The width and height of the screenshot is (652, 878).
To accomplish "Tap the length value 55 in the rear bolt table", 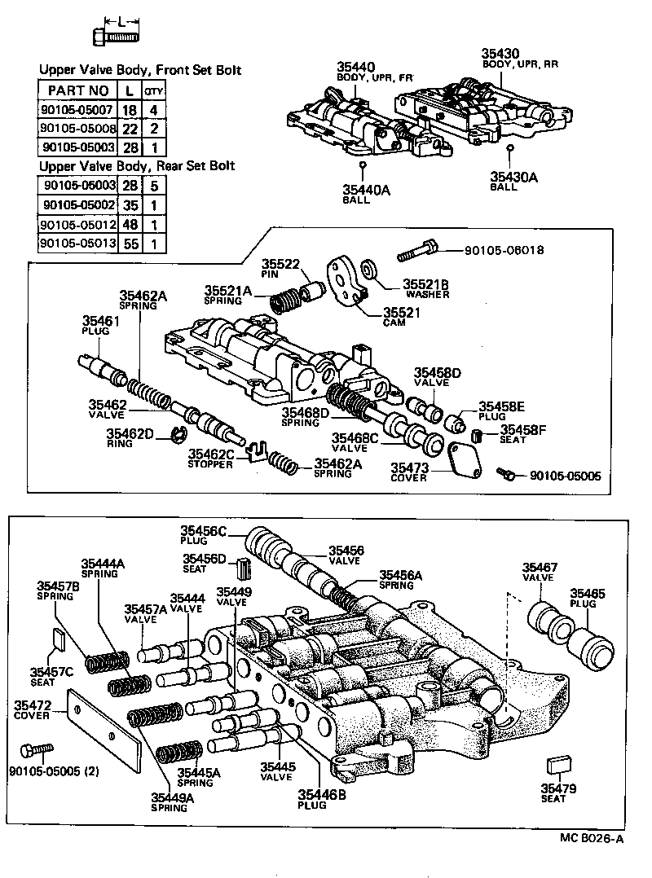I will (x=130, y=243).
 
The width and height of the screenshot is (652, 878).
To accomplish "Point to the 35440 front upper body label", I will (x=355, y=68).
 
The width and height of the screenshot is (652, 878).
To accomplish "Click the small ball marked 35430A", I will (x=509, y=148).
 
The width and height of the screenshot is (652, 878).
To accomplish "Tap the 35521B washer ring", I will (x=368, y=268).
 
